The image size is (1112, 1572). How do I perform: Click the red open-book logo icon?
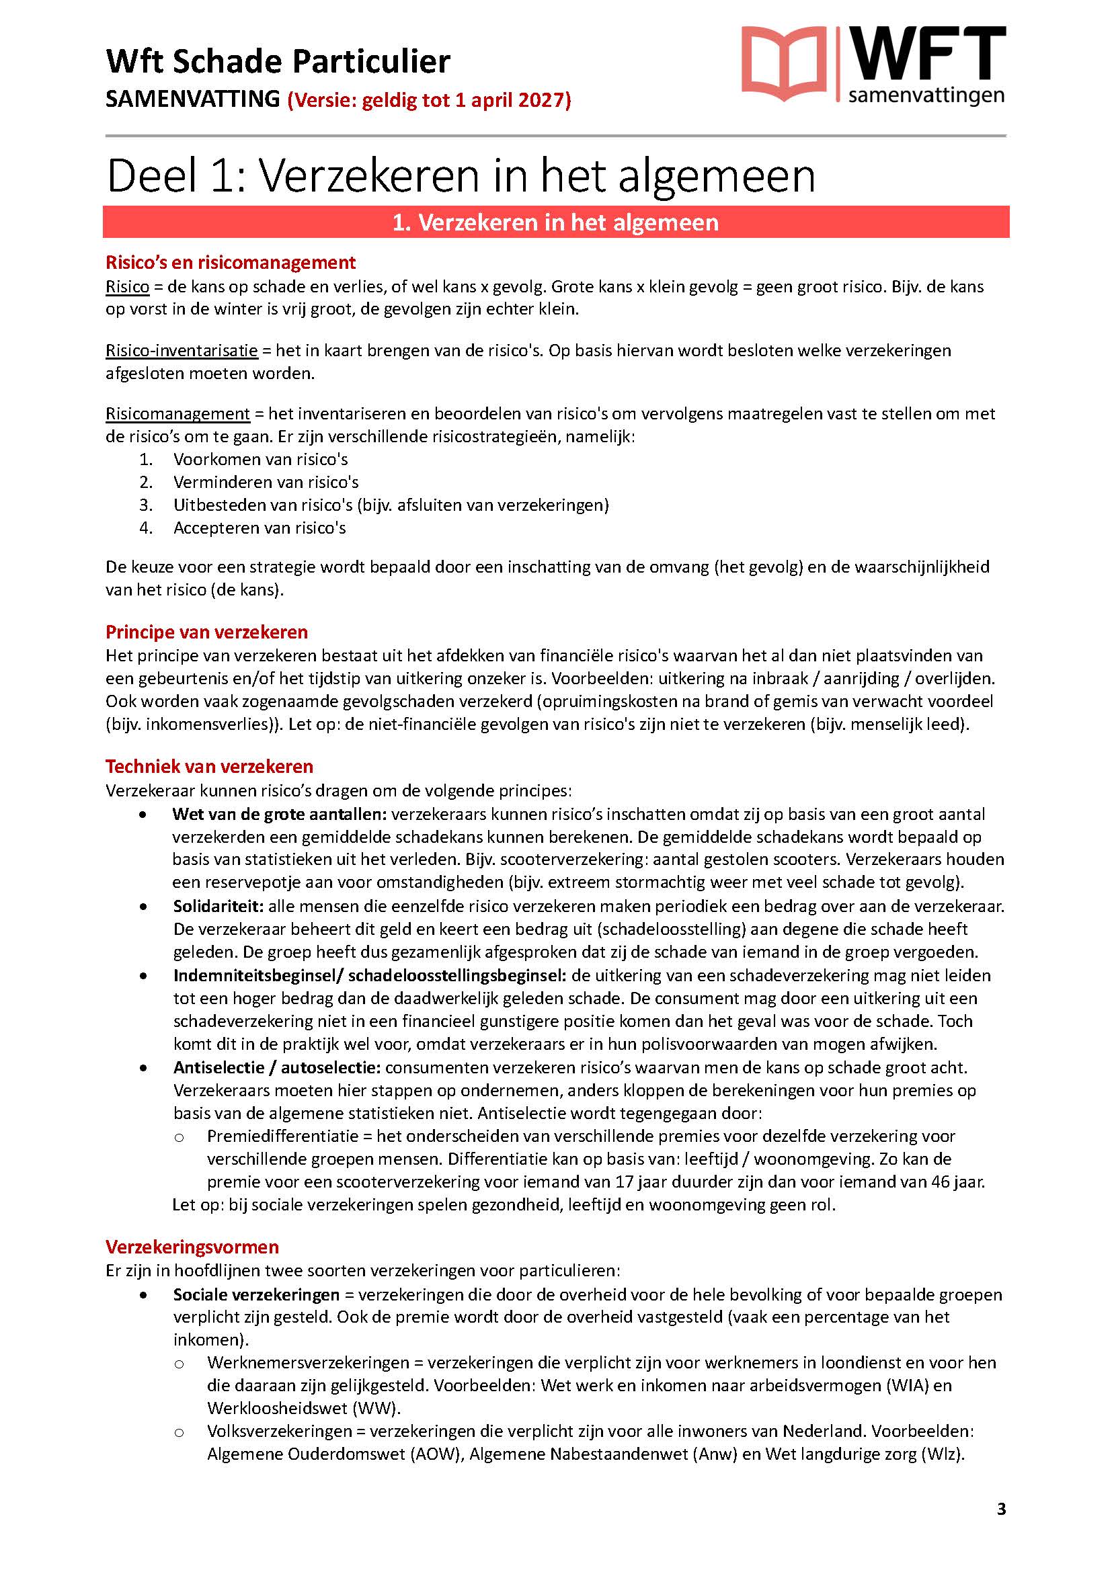coord(784,64)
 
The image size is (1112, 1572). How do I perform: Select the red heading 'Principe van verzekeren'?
coord(206,632)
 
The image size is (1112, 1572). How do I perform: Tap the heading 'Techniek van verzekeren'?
coord(209,766)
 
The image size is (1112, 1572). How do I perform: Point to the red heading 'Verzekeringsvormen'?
coord(192,1247)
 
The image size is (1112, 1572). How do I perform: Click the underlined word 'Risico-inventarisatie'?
coord(182,351)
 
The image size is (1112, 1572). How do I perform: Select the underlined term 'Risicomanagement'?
coord(177,413)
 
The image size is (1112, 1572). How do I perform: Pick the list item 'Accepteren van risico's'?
coord(260,528)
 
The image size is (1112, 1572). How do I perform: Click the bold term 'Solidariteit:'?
coord(219,907)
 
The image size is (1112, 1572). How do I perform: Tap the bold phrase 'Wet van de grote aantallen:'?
coord(280,814)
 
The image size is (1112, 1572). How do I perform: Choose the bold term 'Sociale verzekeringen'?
coord(256,1294)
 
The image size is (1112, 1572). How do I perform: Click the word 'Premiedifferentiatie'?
coord(283,1136)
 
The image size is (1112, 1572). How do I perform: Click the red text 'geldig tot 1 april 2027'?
coord(445,100)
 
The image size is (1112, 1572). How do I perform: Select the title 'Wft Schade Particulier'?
coord(278,61)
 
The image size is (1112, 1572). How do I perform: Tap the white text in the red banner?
coord(555,222)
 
